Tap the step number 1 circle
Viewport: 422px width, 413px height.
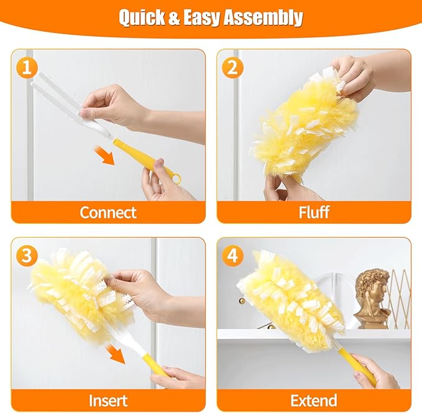click(x=25, y=68)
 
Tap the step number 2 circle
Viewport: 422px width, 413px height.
click(x=232, y=68)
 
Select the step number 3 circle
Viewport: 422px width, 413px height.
click(x=25, y=256)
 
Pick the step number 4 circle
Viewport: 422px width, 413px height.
click(x=232, y=256)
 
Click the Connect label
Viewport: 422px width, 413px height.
click(x=108, y=212)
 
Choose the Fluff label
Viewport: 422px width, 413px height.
click(x=314, y=212)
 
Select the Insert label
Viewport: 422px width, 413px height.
click(x=108, y=400)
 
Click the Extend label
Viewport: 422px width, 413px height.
click(x=314, y=400)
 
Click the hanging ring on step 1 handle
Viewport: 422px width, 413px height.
click(x=176, y=179)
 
